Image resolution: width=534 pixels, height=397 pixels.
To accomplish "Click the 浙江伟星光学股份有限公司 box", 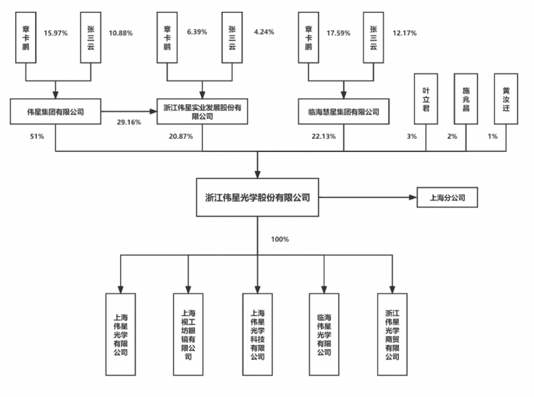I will (x=257, y=197).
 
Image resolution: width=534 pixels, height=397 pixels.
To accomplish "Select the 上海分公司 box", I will (x=446, y=197).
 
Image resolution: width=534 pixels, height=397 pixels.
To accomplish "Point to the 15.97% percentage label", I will (x=55, y=32).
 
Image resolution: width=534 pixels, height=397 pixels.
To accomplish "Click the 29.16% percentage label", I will (x=129, y=123).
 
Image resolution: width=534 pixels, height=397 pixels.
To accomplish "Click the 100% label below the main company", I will (x=280, y=239).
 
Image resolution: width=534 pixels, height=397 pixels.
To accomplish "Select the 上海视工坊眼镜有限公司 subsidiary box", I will (x=189, y=334).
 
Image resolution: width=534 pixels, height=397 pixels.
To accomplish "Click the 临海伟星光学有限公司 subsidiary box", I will (x=324, y=334).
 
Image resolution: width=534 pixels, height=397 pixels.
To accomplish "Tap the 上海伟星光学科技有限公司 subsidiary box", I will (x=257, y=334).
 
